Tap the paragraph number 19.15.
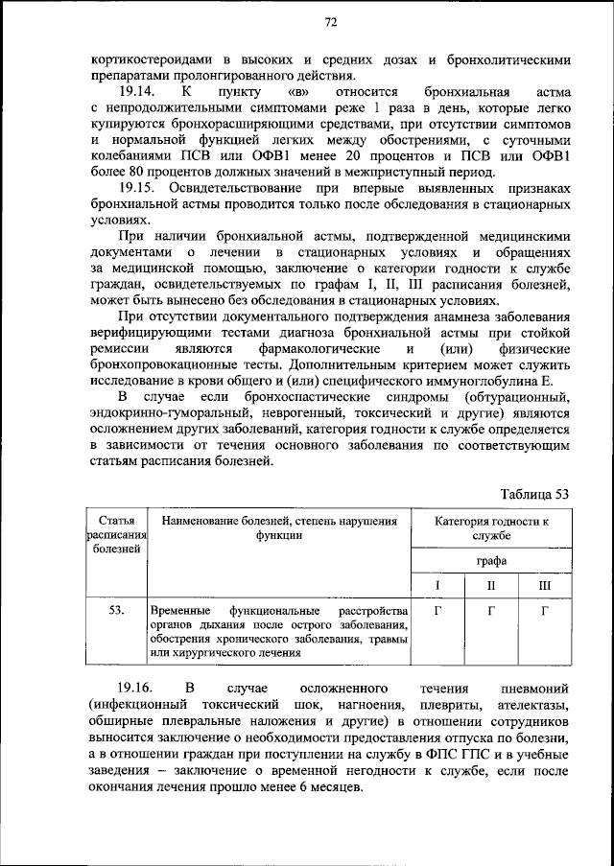pyautogui.click(x=133, y=191)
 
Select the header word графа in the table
pyautogui.click(x=490, y=561)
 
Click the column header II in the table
pyautogui.click(x=490, y=584)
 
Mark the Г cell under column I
pyautogui.click(x=437, y=610)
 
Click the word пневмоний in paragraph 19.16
pyautogui.click(x=535, y=690)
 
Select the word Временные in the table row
pyautogui.click(x=179, y=611)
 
